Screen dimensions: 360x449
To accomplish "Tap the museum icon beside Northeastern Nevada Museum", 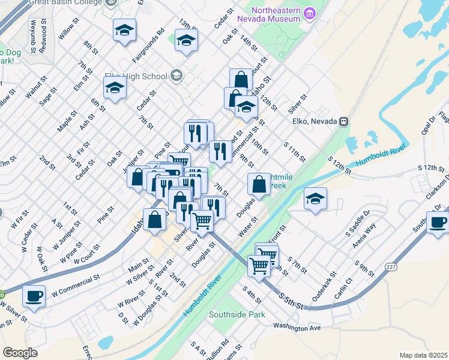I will pyautogui.click(x=310, y=13).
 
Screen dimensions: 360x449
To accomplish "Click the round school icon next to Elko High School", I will pyautogui.click(x=176, y=76).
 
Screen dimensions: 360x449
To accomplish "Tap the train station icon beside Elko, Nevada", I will pyautogui.click(x=344, y=121).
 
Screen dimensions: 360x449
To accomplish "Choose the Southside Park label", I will pyautogui.click(x=237, y=314).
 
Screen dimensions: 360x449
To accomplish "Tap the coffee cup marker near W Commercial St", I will pyautogui.click(x=33, y=296).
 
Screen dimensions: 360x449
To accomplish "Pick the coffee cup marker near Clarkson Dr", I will pyautogui.click(x=437, y=221).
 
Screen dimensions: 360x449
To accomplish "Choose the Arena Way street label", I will pyautogui.click(x=364, y=235).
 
